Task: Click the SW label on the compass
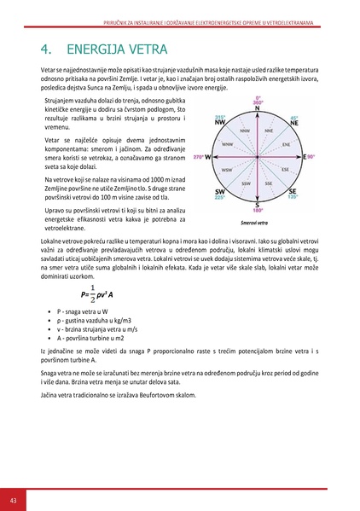(x=220, y=191)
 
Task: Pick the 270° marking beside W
(x=200, y=158)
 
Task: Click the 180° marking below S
(x=257, y=211)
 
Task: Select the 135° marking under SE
(x=293, y=197)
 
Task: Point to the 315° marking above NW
(x=220, y=118)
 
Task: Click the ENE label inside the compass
(x=286, y=145)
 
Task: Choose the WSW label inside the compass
(x=227, y=171)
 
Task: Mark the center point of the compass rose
(x=257, y=158)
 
